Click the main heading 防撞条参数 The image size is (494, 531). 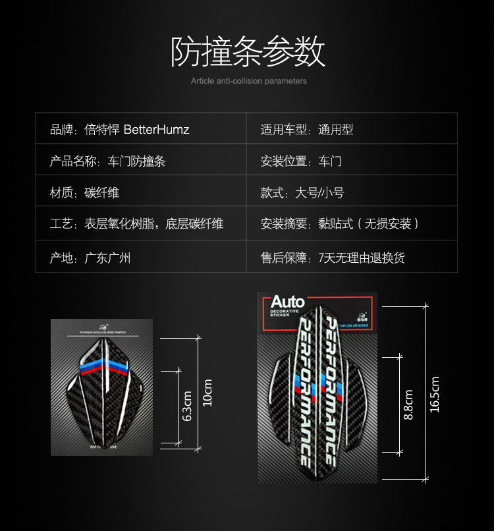[248, 52]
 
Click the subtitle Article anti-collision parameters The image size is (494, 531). [248, 81]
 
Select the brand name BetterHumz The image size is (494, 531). [156, 130]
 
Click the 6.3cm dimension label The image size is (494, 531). [187, 406]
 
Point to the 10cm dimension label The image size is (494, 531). [207, 393]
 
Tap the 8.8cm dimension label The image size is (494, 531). [408, 405]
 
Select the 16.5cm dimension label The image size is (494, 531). [434, 394]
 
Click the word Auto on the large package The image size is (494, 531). [288, 302]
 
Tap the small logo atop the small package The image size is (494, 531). [102, 326]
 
